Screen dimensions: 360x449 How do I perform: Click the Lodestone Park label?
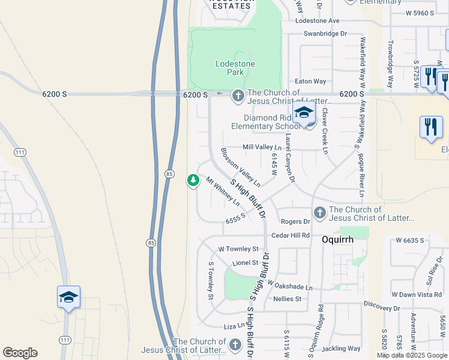coord(235,68)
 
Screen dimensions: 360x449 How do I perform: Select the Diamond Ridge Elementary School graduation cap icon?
coord(304,113)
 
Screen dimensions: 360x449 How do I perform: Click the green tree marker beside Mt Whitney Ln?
coord(193,179)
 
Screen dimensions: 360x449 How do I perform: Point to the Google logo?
coord(20,353)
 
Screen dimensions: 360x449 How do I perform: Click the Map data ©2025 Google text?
coord(411,355)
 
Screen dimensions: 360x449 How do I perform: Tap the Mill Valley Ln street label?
coord(262,147)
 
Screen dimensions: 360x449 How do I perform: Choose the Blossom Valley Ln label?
coord(240,167)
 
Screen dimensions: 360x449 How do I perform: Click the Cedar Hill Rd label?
coord(290,235)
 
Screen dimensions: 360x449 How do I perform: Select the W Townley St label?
coord(238,248)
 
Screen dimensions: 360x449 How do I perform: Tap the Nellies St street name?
coord(287,299)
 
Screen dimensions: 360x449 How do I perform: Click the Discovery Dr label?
coord(381,308)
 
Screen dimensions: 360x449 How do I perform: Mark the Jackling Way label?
coord(341,348)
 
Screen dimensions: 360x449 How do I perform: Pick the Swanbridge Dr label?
coord(325,34)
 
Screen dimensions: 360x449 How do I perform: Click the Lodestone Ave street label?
coord(318,20)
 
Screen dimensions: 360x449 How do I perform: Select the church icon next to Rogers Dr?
coord(319,212)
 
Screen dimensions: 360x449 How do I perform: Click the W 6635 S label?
coord(411,240)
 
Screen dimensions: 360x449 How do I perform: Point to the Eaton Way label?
coord(310,82)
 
